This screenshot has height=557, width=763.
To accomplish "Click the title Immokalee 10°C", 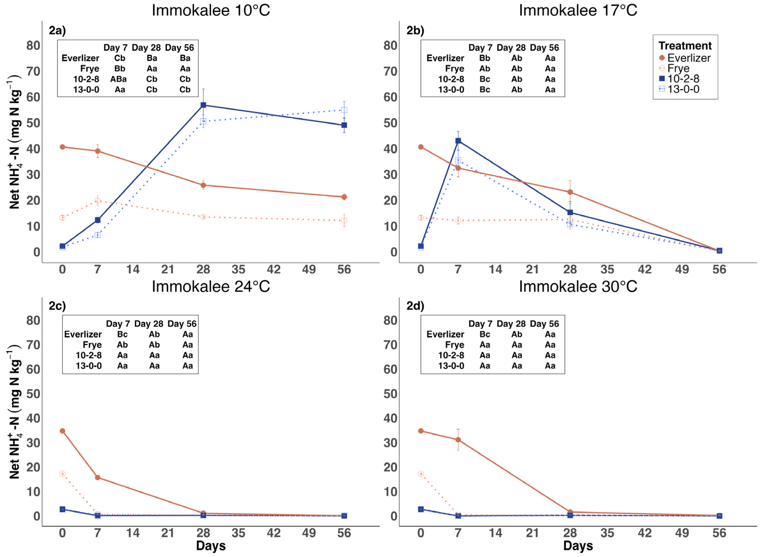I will click(x=211, y=11).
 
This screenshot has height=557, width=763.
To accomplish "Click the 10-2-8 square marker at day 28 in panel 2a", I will click(x=203, y=105).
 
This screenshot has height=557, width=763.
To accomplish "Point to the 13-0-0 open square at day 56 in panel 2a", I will click(x=344, y=110).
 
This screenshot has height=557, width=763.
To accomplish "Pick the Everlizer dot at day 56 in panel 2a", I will click(x=344, y=197).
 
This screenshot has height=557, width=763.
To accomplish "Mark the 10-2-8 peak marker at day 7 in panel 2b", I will click(x=458, y=141).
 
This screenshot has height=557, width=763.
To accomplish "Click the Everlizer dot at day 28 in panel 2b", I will click(x=570, y=192).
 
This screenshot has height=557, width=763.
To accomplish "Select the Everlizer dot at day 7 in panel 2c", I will click(x=97, y=477).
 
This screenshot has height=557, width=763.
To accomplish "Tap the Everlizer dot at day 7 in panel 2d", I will click(x=458, y=440).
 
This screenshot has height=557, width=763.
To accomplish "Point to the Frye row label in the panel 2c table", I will click(x=92, y=345).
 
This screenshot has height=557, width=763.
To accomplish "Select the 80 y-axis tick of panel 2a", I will click(x=33, y=46).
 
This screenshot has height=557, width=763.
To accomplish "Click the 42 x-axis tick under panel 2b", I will click(x=644, y=269).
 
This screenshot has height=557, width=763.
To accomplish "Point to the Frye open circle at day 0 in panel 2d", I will click(x=420, y=474).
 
